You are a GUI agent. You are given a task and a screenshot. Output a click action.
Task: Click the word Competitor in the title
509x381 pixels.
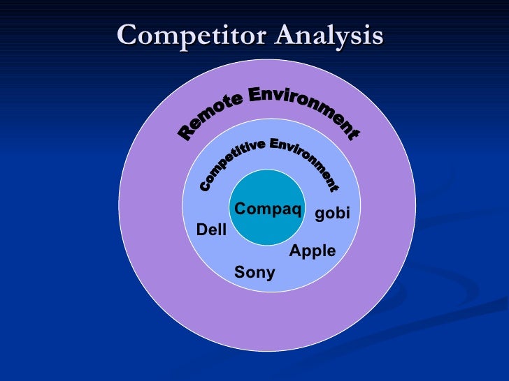191,35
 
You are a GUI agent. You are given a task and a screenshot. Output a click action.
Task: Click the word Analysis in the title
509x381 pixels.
328,36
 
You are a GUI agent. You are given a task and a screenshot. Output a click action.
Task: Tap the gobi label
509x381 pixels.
332,214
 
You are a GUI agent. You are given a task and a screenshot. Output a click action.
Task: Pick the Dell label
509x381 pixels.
211,229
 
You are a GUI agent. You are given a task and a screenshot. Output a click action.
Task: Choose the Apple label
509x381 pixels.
313,251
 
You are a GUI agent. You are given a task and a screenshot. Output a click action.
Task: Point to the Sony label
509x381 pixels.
254,272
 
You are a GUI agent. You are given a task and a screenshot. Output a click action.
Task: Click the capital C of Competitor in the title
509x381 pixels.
127,35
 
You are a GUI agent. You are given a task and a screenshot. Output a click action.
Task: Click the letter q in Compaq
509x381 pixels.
296,210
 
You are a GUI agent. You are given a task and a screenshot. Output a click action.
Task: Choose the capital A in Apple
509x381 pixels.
295,251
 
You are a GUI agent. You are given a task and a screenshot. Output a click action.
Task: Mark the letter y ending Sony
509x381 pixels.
271,274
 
